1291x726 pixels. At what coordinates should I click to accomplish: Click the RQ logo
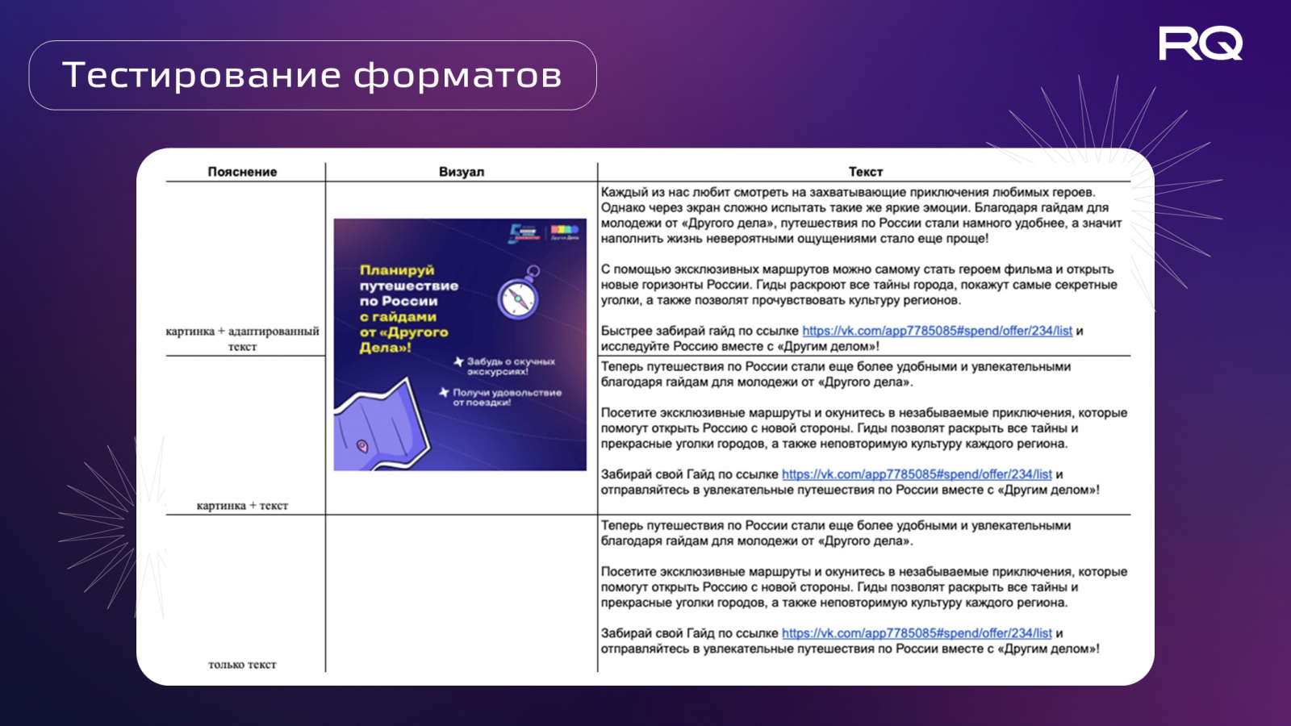pyautogui.click(x=1200, y=44)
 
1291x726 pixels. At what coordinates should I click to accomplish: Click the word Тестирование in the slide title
pyautogui.click(x=203, y=75)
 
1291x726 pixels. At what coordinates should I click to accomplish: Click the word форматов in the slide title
pyautogui.click(x=457, y=75)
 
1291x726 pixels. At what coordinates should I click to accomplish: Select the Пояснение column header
pyautogui.click(x=242, y=172)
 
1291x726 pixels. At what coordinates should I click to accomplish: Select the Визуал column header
pyautogui.click(x=462, y=172)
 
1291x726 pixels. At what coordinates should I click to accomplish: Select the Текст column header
pyautogui.click(x=865, y=172)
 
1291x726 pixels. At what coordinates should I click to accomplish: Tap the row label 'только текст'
pyautogui.click(x=242, y=665)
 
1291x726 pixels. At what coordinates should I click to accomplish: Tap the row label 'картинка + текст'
pyautogui.click(x=242, y=506)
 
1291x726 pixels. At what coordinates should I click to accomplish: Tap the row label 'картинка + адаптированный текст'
pyautogui.click(x=242, y=339)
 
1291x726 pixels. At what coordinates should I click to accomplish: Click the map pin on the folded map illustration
pyautogui.click(x=362, y=445)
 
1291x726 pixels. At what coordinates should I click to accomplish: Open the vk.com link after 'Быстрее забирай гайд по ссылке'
pyautogui.click(x=937, y=331)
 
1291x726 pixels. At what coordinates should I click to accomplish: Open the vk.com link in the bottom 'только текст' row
pyautogui.click(x=917, y=633)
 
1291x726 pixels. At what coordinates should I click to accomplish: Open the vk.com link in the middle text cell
pyautogui.click(x=917, y=474)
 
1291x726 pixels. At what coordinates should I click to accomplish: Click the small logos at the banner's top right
pyautogui.click(x=544, y=234)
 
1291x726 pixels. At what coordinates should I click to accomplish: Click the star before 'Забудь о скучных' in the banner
pyautogui.click(x=458, y=362)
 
